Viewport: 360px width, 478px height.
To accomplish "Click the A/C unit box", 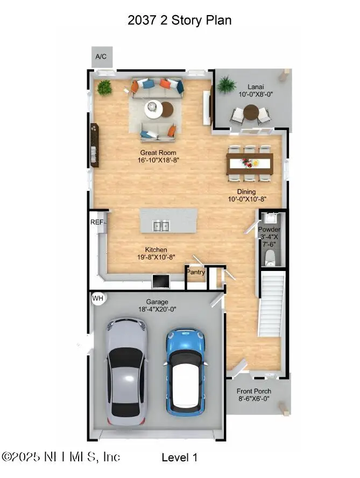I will pos(101,56).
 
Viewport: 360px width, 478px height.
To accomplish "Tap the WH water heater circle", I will pos(98,297).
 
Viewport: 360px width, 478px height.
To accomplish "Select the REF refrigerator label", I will pos(97,222).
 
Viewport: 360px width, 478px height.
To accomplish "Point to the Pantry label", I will pos(196,272).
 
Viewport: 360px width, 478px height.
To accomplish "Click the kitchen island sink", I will pos(161,226).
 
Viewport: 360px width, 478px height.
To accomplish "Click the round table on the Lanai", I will pos(251,112).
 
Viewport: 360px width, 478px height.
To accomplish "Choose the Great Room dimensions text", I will pos(159,160).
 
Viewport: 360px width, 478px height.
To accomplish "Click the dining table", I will pos(250,162).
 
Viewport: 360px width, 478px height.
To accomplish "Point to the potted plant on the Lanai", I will pos(227,84).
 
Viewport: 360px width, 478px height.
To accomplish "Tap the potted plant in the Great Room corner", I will pos(104,87).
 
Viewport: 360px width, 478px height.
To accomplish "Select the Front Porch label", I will pos(256,391).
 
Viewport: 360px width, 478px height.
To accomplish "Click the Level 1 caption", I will pos(180,458).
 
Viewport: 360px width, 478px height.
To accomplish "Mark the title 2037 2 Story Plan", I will pos(180,20).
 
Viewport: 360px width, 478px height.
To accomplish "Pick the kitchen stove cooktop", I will pos(160,282).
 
